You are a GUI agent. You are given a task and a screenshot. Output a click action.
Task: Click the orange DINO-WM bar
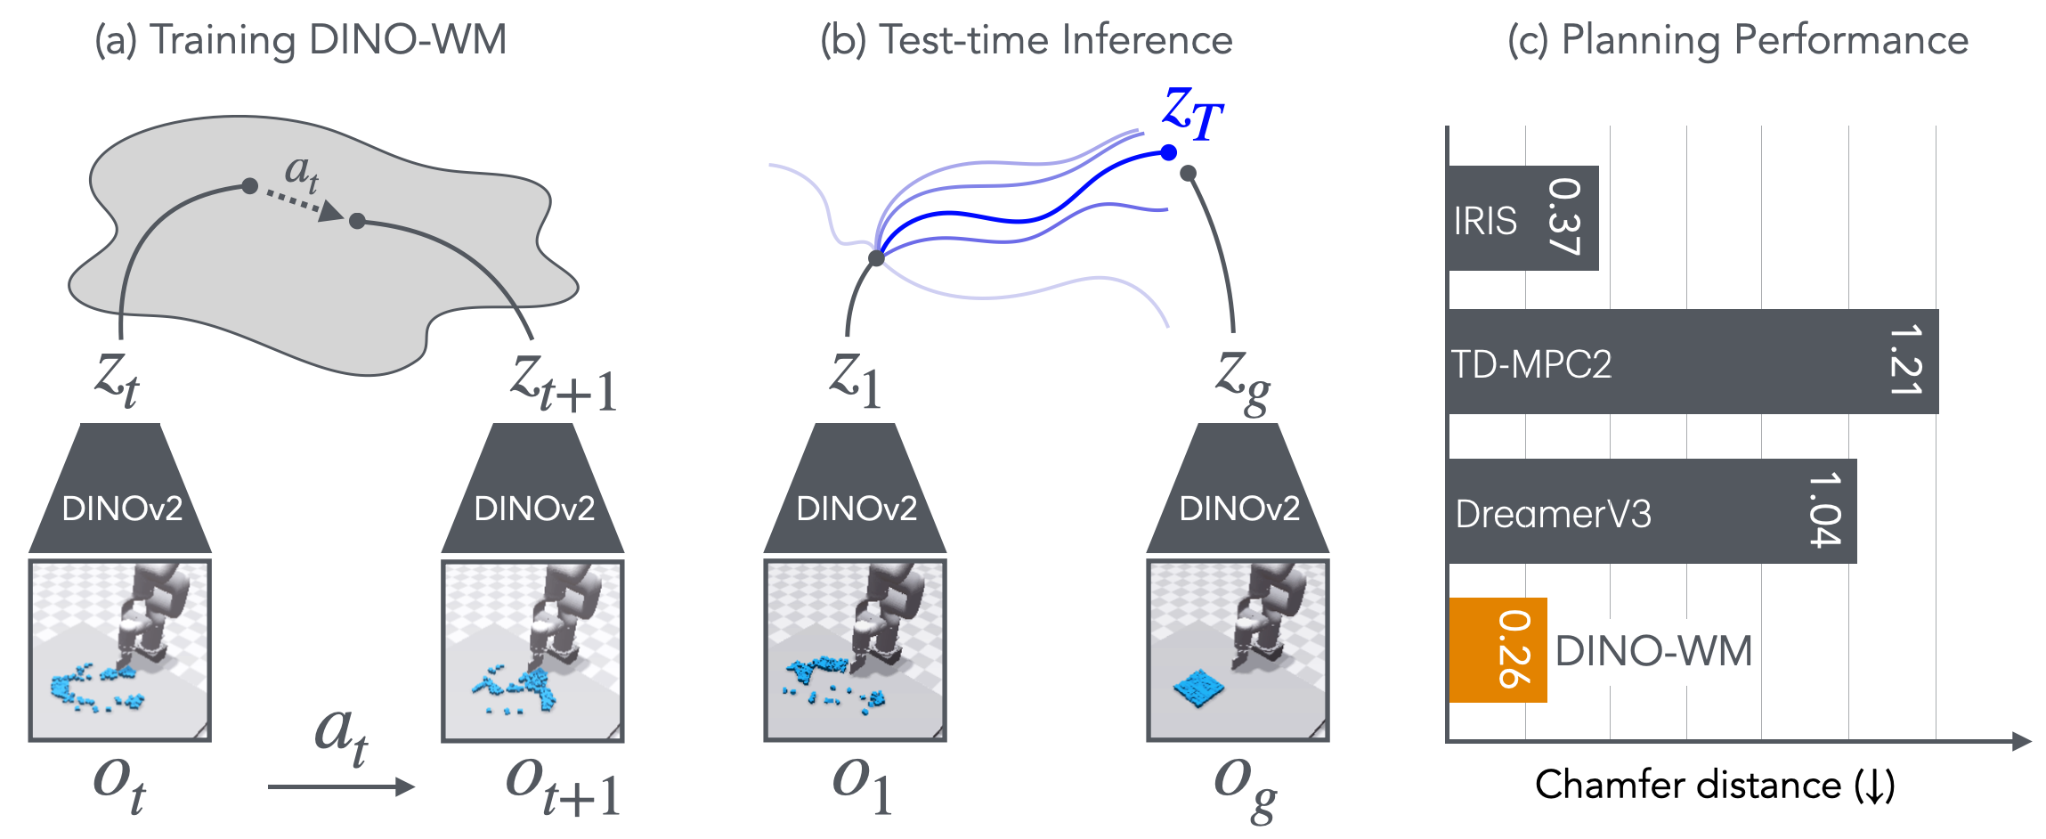click(x=1498, y=650)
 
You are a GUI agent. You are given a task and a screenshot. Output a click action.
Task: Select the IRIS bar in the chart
click(x=1522, y=218)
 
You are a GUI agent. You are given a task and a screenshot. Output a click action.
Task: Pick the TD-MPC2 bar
click(x=1692, y=362)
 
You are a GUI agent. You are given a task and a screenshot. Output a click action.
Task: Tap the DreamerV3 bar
click(x=1652, y=511)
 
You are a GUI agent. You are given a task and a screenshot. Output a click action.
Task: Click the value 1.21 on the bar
click(x=1905, y=361)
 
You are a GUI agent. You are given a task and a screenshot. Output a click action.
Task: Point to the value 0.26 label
click(x=1514, y=650)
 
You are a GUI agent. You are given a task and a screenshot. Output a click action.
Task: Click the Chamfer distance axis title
click(x=1715, y=786)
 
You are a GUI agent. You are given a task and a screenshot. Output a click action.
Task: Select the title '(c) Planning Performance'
click(x=1738, y=40)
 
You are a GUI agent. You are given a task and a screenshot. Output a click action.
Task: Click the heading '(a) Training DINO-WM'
click(x=301, y=40)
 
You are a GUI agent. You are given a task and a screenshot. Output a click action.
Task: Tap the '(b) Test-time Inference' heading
click(x=1026, y=40)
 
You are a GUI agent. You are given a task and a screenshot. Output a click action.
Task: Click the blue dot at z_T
click(x=1169, y=152)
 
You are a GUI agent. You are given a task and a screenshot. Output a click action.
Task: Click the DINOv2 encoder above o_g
click(x=1238, y=490)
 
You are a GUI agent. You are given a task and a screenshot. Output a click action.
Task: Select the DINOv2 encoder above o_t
click(x=121, y=490)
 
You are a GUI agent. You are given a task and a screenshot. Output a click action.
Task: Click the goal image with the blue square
click(x=1238, y=650)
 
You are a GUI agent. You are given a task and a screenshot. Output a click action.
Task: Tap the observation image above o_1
click(x=855, y=650)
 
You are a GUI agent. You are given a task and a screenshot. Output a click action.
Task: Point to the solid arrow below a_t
click(x=341, y=786)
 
